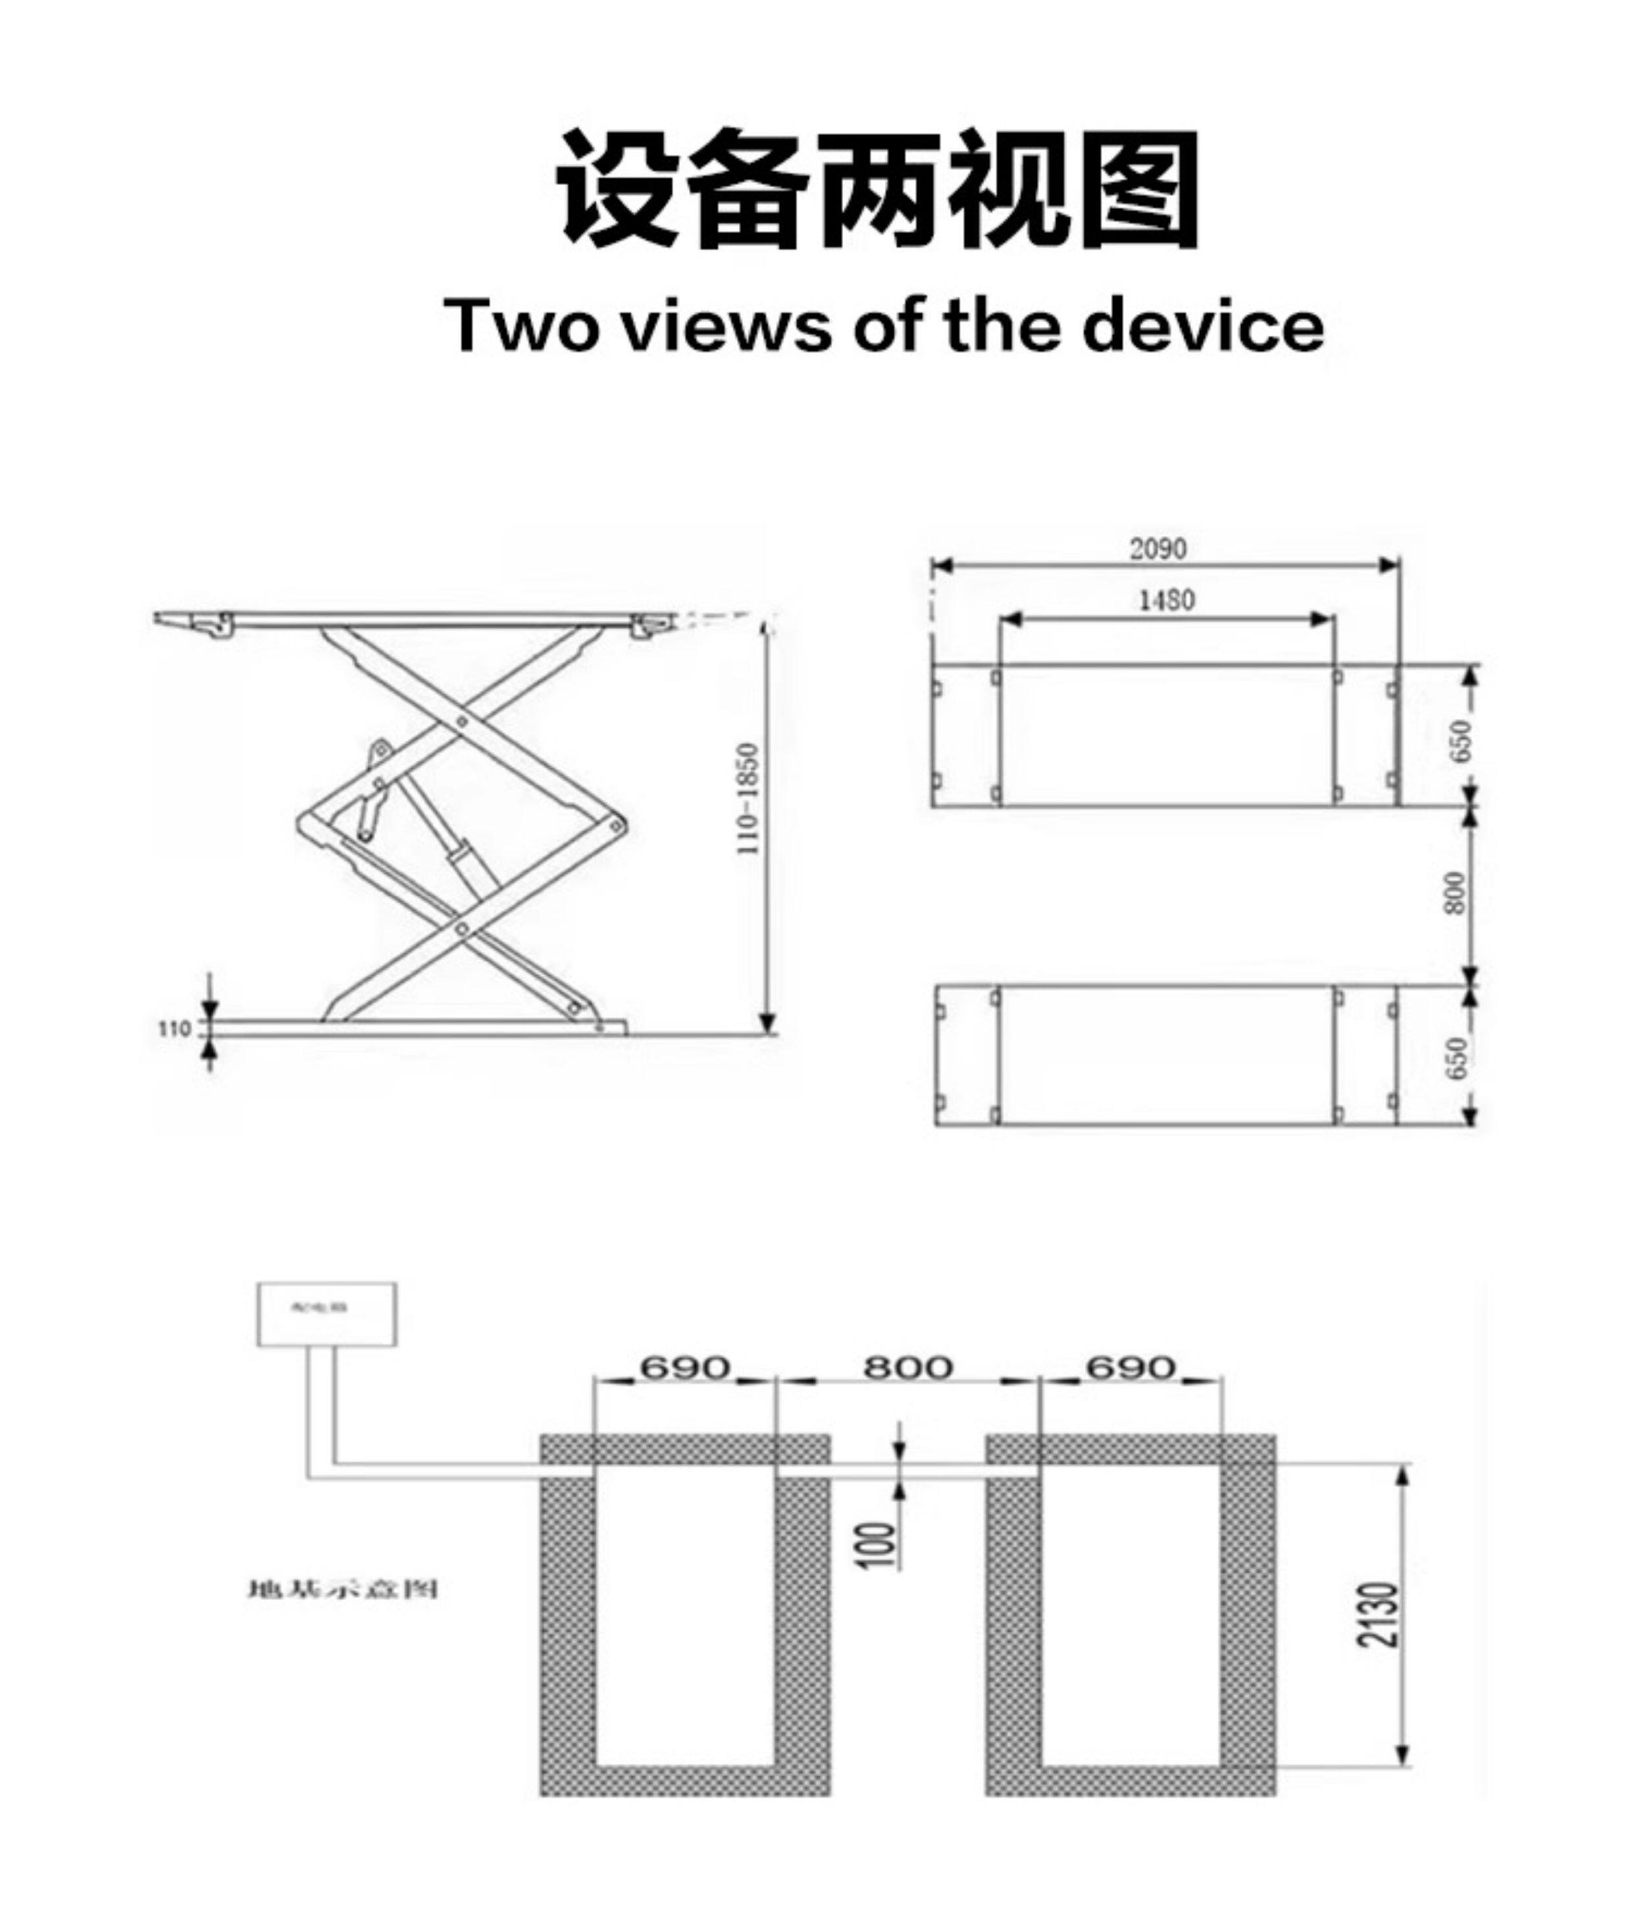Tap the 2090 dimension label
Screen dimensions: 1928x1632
pos(1158,549)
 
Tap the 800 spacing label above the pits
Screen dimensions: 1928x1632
pos(907,1366)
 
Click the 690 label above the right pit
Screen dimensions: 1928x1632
pos(1131,1366)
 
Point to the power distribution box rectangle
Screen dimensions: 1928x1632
pos(326,1314)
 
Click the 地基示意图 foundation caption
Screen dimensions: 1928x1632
pos(342,1590)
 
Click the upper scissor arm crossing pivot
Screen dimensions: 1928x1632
pos(462,721)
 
